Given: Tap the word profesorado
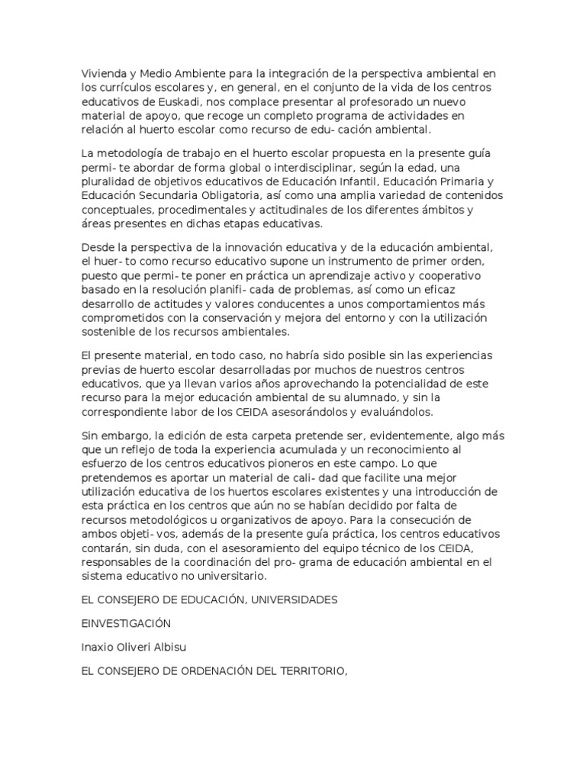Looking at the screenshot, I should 377,101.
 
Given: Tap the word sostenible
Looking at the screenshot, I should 108,331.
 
